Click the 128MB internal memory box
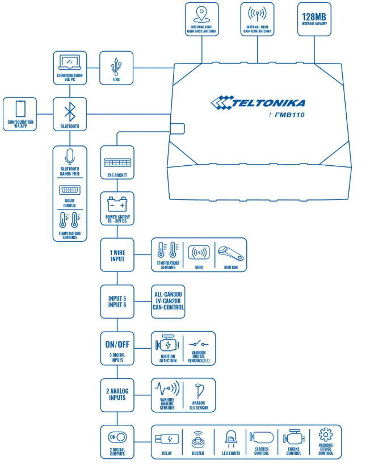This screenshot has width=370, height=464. coord(314,20)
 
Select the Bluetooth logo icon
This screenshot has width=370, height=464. coord(69,109)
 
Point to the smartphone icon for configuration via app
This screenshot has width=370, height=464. coord(20,108)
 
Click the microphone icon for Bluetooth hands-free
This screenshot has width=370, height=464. coord(69,157)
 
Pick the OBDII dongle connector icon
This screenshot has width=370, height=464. coord(69,190)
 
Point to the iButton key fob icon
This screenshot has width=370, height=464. coord(231,251)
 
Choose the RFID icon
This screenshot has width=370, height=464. coord(199,252)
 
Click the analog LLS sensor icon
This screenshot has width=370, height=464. coord(199,389)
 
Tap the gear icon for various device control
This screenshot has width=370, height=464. coord(325,435)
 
